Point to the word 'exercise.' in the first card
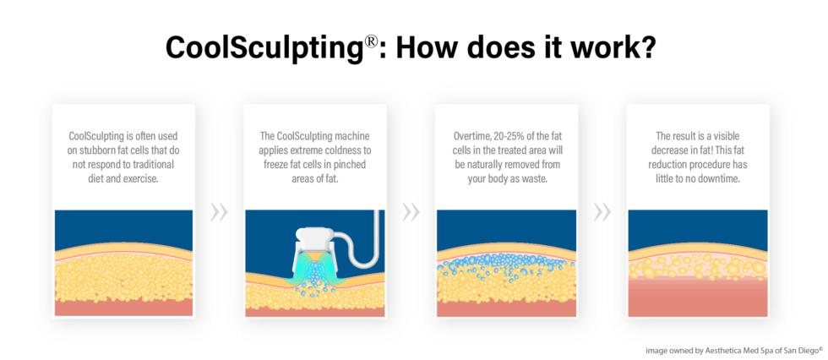click(149, 178)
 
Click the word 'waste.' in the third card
click(539, 178)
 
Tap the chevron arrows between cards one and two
click(219, 211)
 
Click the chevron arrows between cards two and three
click(411, 211)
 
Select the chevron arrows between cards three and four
click(602, 211)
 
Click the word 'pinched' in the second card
click(345, 165)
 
